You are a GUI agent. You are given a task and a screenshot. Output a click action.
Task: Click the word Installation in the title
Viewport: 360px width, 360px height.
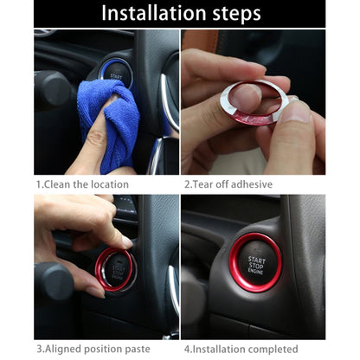coord(150,14)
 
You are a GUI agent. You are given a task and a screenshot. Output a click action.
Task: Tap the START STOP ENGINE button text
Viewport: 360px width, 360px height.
coord(257,263)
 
